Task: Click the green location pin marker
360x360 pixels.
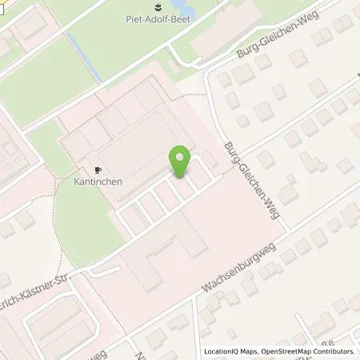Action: (x=181, y=162)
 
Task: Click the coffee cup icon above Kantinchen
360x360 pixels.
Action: (x=98, y=170)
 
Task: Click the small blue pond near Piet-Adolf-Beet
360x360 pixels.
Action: (x=176, y=54)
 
